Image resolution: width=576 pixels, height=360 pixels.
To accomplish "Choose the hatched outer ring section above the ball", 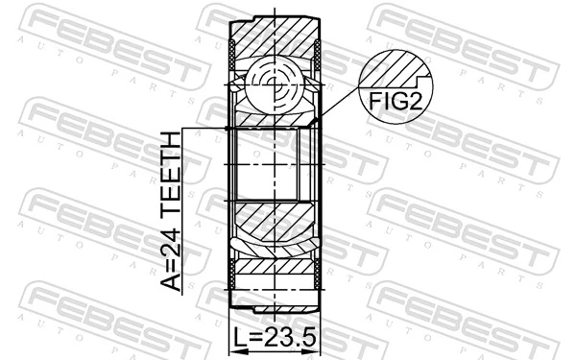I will coord(274,38).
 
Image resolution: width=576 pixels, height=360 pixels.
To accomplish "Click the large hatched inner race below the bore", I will coord(274,225).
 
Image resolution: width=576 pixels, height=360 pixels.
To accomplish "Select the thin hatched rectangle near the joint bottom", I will coord(274,269).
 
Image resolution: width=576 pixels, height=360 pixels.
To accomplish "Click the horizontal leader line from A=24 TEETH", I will coord(202,128).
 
